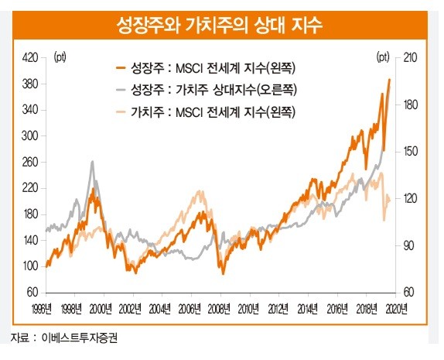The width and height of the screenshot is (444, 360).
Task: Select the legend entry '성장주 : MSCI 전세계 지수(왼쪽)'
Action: pyautogui.click(x=218, y=68)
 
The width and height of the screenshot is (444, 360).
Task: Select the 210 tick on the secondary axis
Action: pyautogui.click(x=410, y=57)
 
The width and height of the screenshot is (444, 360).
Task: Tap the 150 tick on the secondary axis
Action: pyautogui.click(x=410, y=152)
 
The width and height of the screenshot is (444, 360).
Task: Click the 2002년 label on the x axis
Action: pyautogui.click(x=131, y=307)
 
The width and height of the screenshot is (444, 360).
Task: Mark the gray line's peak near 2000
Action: pyautogui.click(x=92, y=162)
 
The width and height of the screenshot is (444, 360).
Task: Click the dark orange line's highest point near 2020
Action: pyautogui.click(x=389, y=79)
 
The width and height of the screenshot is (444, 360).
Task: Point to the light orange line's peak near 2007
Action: pyautogui.click(x=200, y=192)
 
